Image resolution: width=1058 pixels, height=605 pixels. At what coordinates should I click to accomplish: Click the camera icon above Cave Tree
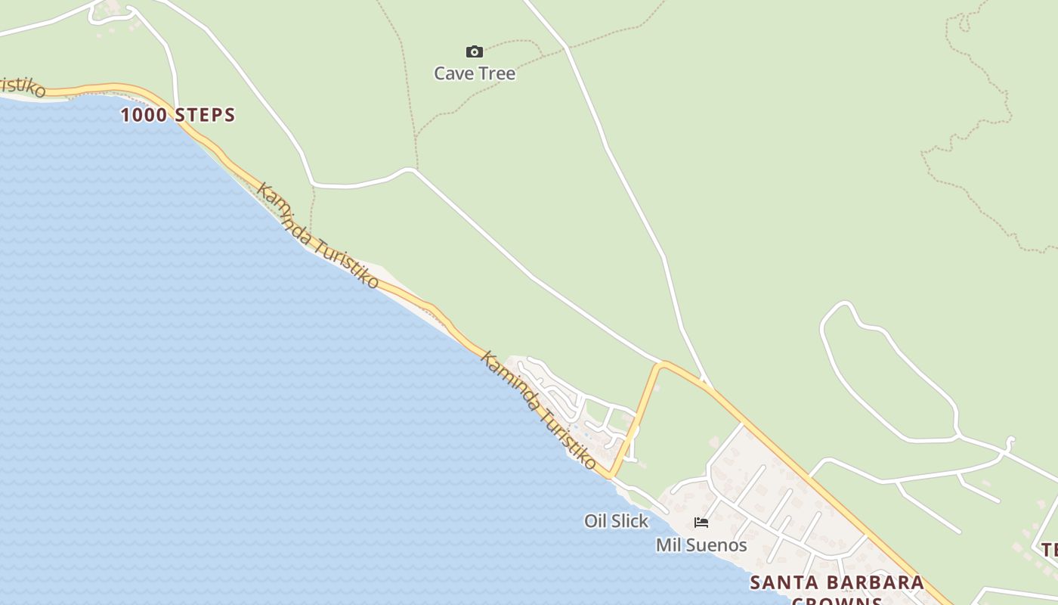pos(475,51)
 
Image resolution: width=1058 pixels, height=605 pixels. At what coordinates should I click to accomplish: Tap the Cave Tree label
pos(475,73)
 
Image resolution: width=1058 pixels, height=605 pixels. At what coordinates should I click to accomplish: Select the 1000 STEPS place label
pos(178,115)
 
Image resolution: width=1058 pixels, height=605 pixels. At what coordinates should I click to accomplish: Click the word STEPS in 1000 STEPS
pos(205,115)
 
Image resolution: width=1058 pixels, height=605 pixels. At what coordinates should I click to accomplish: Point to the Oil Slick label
pos(616,521)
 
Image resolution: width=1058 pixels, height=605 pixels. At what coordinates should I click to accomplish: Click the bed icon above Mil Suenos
pos(701,522)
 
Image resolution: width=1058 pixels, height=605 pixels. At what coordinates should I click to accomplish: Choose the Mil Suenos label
pos(701,545)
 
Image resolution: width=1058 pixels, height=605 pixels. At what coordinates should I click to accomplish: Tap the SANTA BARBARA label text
pos(837,582)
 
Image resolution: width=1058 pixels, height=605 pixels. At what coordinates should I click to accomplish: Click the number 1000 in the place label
pos(145,115)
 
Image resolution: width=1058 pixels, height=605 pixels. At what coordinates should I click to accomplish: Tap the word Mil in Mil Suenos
pos(667,545)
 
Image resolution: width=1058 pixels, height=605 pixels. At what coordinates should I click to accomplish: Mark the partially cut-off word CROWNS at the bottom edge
pos(837,601)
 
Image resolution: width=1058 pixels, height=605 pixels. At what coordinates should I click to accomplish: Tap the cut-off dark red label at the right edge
pos(1050,550)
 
